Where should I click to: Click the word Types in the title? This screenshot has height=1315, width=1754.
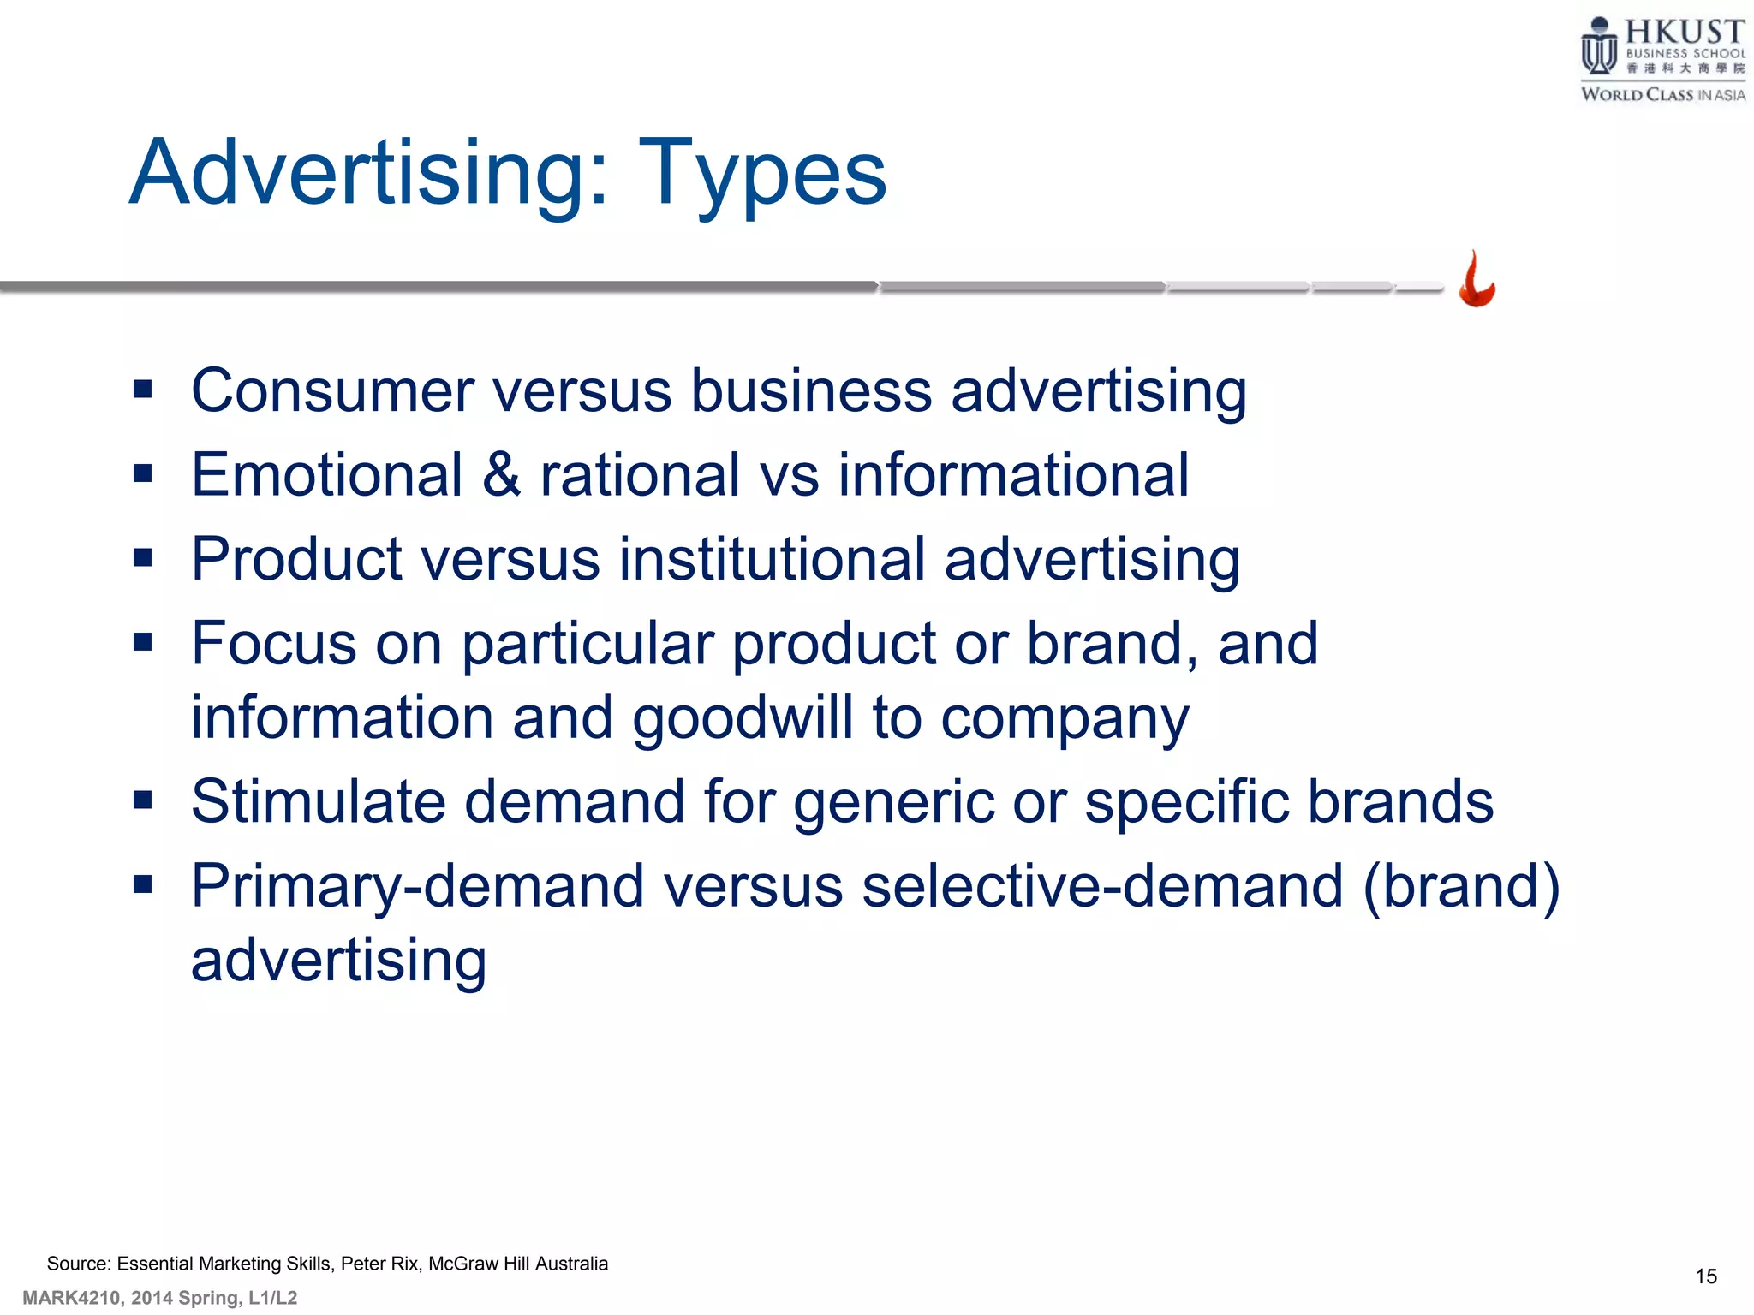[761, 176]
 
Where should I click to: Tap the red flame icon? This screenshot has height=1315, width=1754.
[1477, 279]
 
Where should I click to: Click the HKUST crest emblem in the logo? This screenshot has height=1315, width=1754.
[1598, 47]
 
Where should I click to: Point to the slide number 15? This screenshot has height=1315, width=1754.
[1705, 1276]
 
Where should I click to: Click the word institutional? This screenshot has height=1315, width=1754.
[772, 559]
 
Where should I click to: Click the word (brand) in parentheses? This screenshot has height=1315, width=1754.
[1461, 886]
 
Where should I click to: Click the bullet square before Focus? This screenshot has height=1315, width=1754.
[143, 642]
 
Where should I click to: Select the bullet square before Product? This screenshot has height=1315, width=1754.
[143, 558]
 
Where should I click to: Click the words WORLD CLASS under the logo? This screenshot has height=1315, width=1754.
[1637, 95]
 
